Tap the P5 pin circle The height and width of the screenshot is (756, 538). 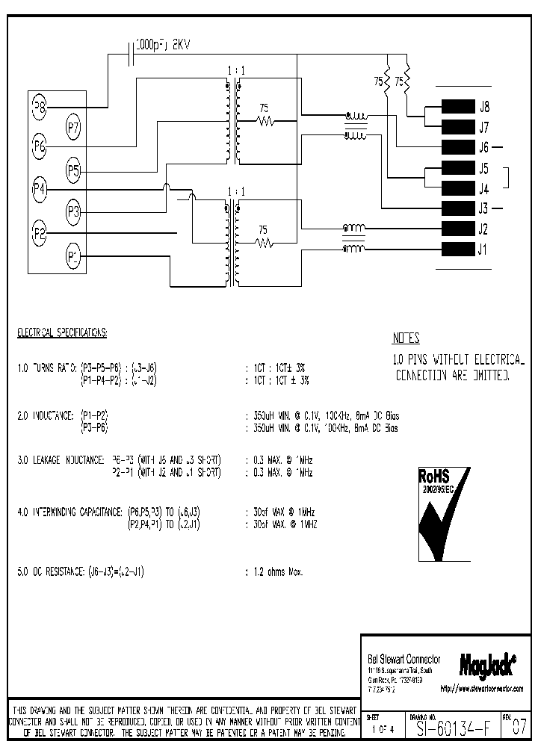tap(73, 171)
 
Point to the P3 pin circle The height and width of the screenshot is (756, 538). tap(73, 212)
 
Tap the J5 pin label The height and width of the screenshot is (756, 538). tap(483, 168)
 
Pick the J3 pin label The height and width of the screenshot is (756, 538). tap(483, 208)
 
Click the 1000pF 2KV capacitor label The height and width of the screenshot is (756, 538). tap(164, 46)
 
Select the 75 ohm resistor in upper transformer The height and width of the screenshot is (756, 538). tap(264, 120)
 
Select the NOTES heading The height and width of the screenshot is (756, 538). tap(406, 338)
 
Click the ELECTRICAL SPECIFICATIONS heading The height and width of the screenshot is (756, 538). tap(63, 332)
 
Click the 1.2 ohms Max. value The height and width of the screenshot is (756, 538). tap(274, 571)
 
